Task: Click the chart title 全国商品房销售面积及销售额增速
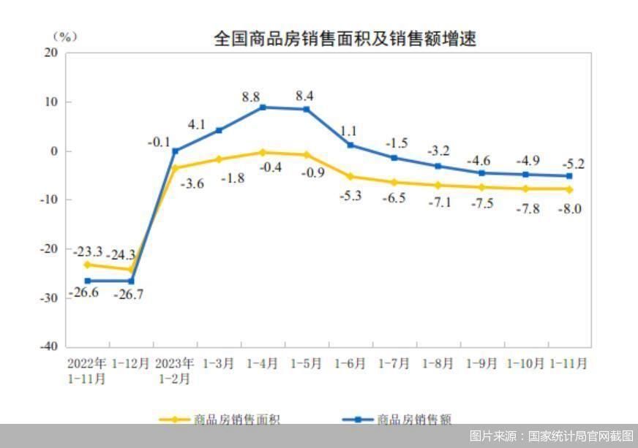click(345, 38)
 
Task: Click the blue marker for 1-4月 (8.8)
click(263, 107)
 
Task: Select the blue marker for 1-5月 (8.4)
click(307, 110)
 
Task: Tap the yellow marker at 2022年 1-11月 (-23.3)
click(87, 265)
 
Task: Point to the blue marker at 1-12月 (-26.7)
click(131, 281)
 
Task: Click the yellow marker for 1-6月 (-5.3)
click(350, 176)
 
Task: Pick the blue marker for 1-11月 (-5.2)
click(569, 175)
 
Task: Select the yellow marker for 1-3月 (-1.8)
click(219, 159)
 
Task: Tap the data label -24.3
click(121, 255)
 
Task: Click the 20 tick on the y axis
click(51, 53)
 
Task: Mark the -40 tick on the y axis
click(48, 346)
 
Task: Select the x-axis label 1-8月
click(438, 362)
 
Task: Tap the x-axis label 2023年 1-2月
click(175, 371)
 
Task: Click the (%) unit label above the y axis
click(64, 37)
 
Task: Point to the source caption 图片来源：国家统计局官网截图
click(551, 436)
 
